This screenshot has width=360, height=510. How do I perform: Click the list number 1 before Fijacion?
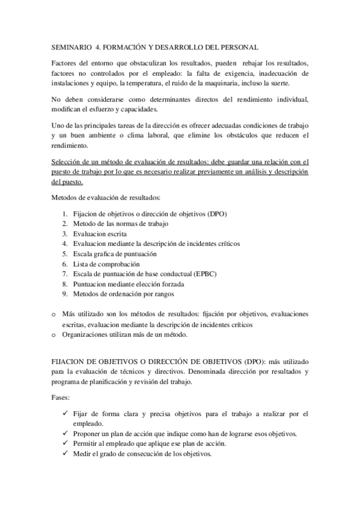point(65,214)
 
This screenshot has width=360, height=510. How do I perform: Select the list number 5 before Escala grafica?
point(65,254)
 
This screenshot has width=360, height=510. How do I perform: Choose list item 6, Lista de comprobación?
point(106,264)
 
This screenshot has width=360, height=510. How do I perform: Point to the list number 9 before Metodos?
point(65,294)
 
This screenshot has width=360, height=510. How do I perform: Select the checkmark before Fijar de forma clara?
point(65,414)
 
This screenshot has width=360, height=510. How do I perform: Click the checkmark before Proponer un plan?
point(65,434)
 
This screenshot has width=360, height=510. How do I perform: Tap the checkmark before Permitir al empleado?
point(65,444)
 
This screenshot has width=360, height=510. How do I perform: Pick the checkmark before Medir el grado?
point(65,454)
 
